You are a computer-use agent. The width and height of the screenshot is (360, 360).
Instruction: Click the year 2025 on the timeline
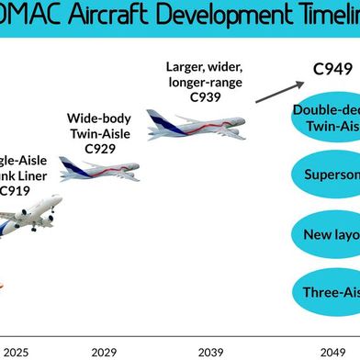coord(16,349)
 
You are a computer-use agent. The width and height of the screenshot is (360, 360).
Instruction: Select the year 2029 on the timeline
coord(105,349)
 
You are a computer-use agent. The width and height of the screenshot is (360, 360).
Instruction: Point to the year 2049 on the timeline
coord(333,349)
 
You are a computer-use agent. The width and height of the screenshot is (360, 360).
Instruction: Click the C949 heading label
coord(332,69)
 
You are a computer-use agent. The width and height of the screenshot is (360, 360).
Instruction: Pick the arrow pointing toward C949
coord(279,91)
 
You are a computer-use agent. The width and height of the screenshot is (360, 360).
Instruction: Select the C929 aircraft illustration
coord(99,168)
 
